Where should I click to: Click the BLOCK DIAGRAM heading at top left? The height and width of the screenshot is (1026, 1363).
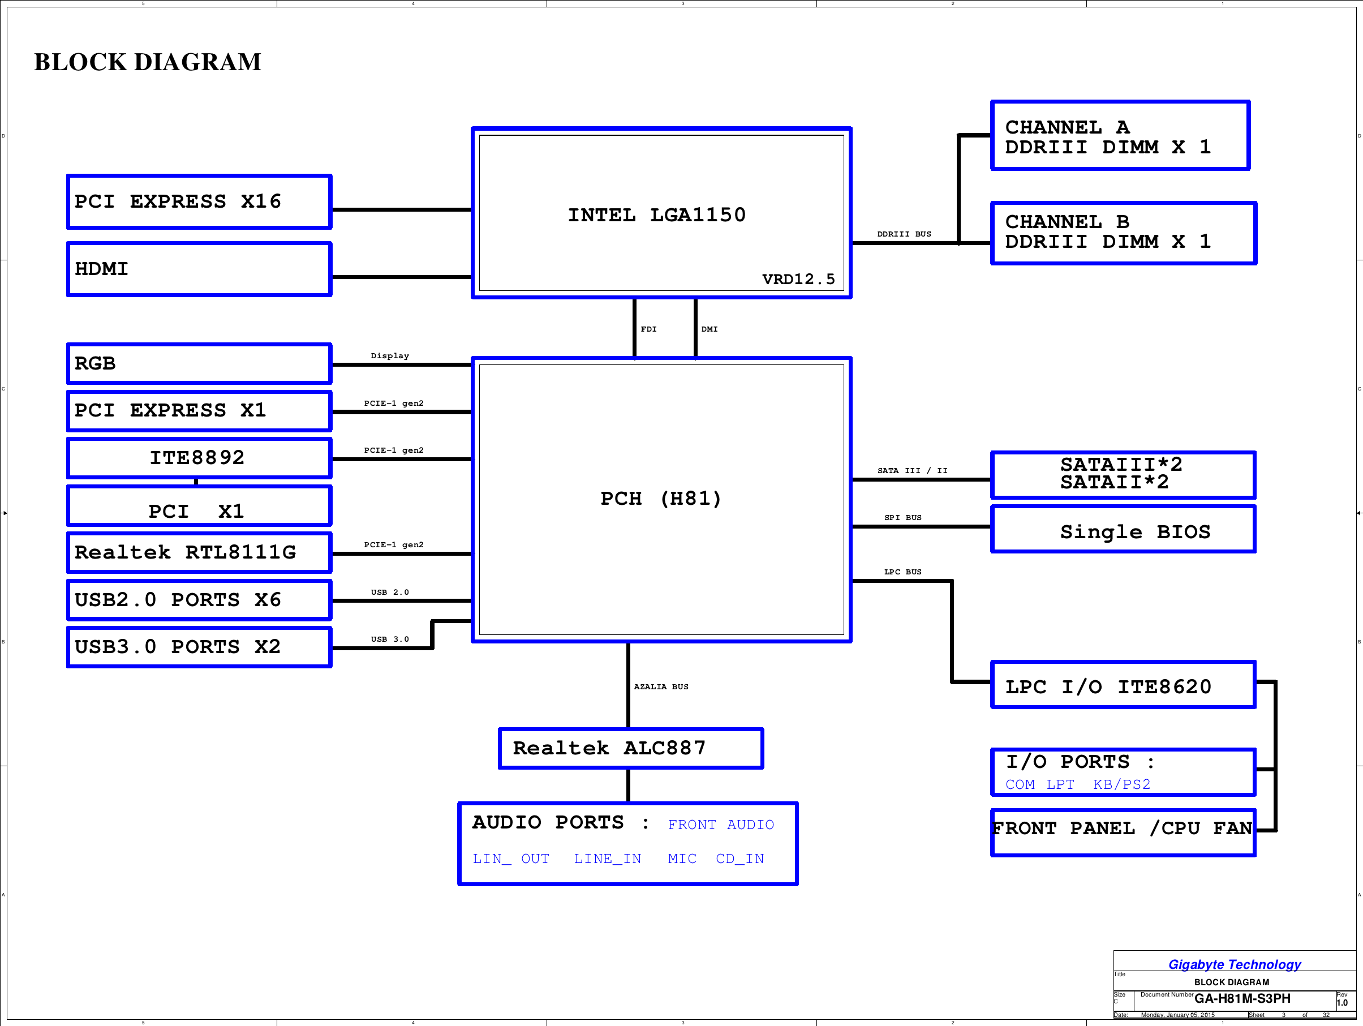[147, 62]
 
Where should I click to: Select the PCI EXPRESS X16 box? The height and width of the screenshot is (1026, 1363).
[199, 201]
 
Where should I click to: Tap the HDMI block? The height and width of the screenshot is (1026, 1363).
[199, 269]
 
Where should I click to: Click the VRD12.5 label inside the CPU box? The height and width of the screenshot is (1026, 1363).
[798, 279]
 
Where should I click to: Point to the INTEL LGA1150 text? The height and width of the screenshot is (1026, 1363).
[656, 215]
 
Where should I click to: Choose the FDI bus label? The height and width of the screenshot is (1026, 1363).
[648, 329]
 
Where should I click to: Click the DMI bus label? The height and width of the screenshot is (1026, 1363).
[710, 329]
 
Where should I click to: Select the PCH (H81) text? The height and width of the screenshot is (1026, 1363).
[660, 499]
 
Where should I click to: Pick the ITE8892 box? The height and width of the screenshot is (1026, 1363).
[199, 458]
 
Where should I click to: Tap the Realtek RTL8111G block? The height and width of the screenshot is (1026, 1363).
[199, 552]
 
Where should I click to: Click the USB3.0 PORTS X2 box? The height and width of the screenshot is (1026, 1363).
[199, 647]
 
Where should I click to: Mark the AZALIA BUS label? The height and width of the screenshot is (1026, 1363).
[661, 686]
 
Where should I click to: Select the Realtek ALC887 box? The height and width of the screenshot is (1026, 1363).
[630, 748]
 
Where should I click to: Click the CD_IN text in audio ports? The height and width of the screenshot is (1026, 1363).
[739, 858]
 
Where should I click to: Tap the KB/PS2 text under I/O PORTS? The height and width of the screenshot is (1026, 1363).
[1121, 784]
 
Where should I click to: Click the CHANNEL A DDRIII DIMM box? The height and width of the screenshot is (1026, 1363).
[1120, 136]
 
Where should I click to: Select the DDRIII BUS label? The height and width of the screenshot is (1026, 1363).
[904, 234]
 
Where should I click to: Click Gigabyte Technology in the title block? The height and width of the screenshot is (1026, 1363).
[1234, 964]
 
